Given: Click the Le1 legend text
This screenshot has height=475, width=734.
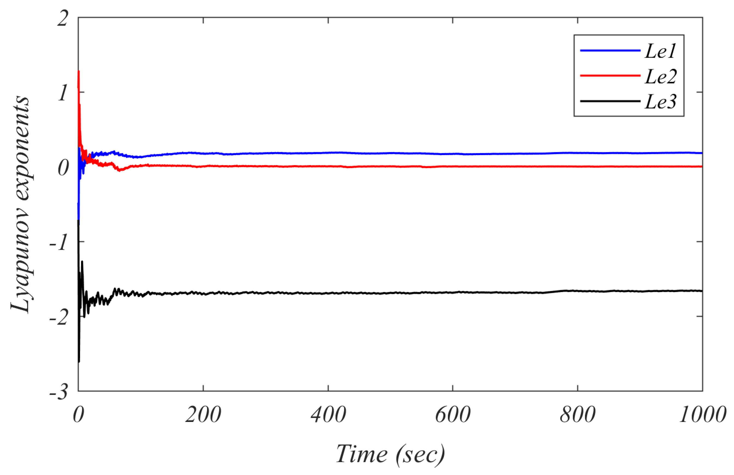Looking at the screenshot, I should tap(660, 51).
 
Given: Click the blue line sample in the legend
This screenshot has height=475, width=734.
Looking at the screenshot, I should tap(610, 50).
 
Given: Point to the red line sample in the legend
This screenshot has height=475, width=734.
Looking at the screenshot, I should tap(610, 75).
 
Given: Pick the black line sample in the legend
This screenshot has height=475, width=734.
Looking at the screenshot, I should tap(610, 101).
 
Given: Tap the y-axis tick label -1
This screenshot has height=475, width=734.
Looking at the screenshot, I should tap(59, 243).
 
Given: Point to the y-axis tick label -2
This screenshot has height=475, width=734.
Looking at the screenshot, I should tap(59, 318).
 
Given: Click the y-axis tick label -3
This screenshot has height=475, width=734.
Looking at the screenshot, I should tap(59, 392).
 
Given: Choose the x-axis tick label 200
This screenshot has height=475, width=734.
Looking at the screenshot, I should tap(203, 415).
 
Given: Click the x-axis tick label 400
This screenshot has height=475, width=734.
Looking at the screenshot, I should tap(328, 415).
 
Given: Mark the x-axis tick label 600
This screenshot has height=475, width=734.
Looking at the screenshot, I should tap(453, 415).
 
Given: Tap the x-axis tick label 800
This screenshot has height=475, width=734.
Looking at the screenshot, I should tap(578, 415).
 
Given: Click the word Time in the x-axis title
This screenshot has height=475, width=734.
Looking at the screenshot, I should tap(362, 454).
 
